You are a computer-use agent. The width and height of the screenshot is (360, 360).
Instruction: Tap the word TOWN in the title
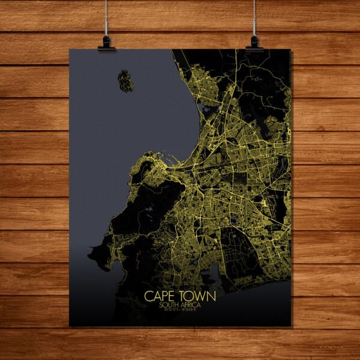(x=196, y=296)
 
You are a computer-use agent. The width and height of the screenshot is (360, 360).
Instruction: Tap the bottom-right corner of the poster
(x=292, y=326)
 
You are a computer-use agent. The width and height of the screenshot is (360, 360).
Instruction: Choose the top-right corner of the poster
(x=292, y=49)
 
